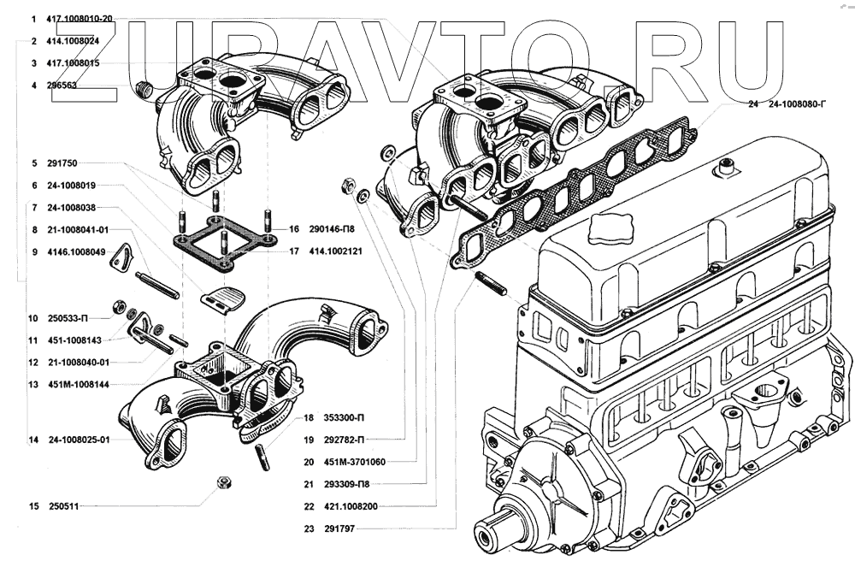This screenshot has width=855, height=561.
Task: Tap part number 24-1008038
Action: click(x=71, y=207)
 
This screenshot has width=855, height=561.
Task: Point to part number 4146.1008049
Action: click(x=76, y=251)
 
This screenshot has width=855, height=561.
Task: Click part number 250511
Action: click(x=63, y=506)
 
